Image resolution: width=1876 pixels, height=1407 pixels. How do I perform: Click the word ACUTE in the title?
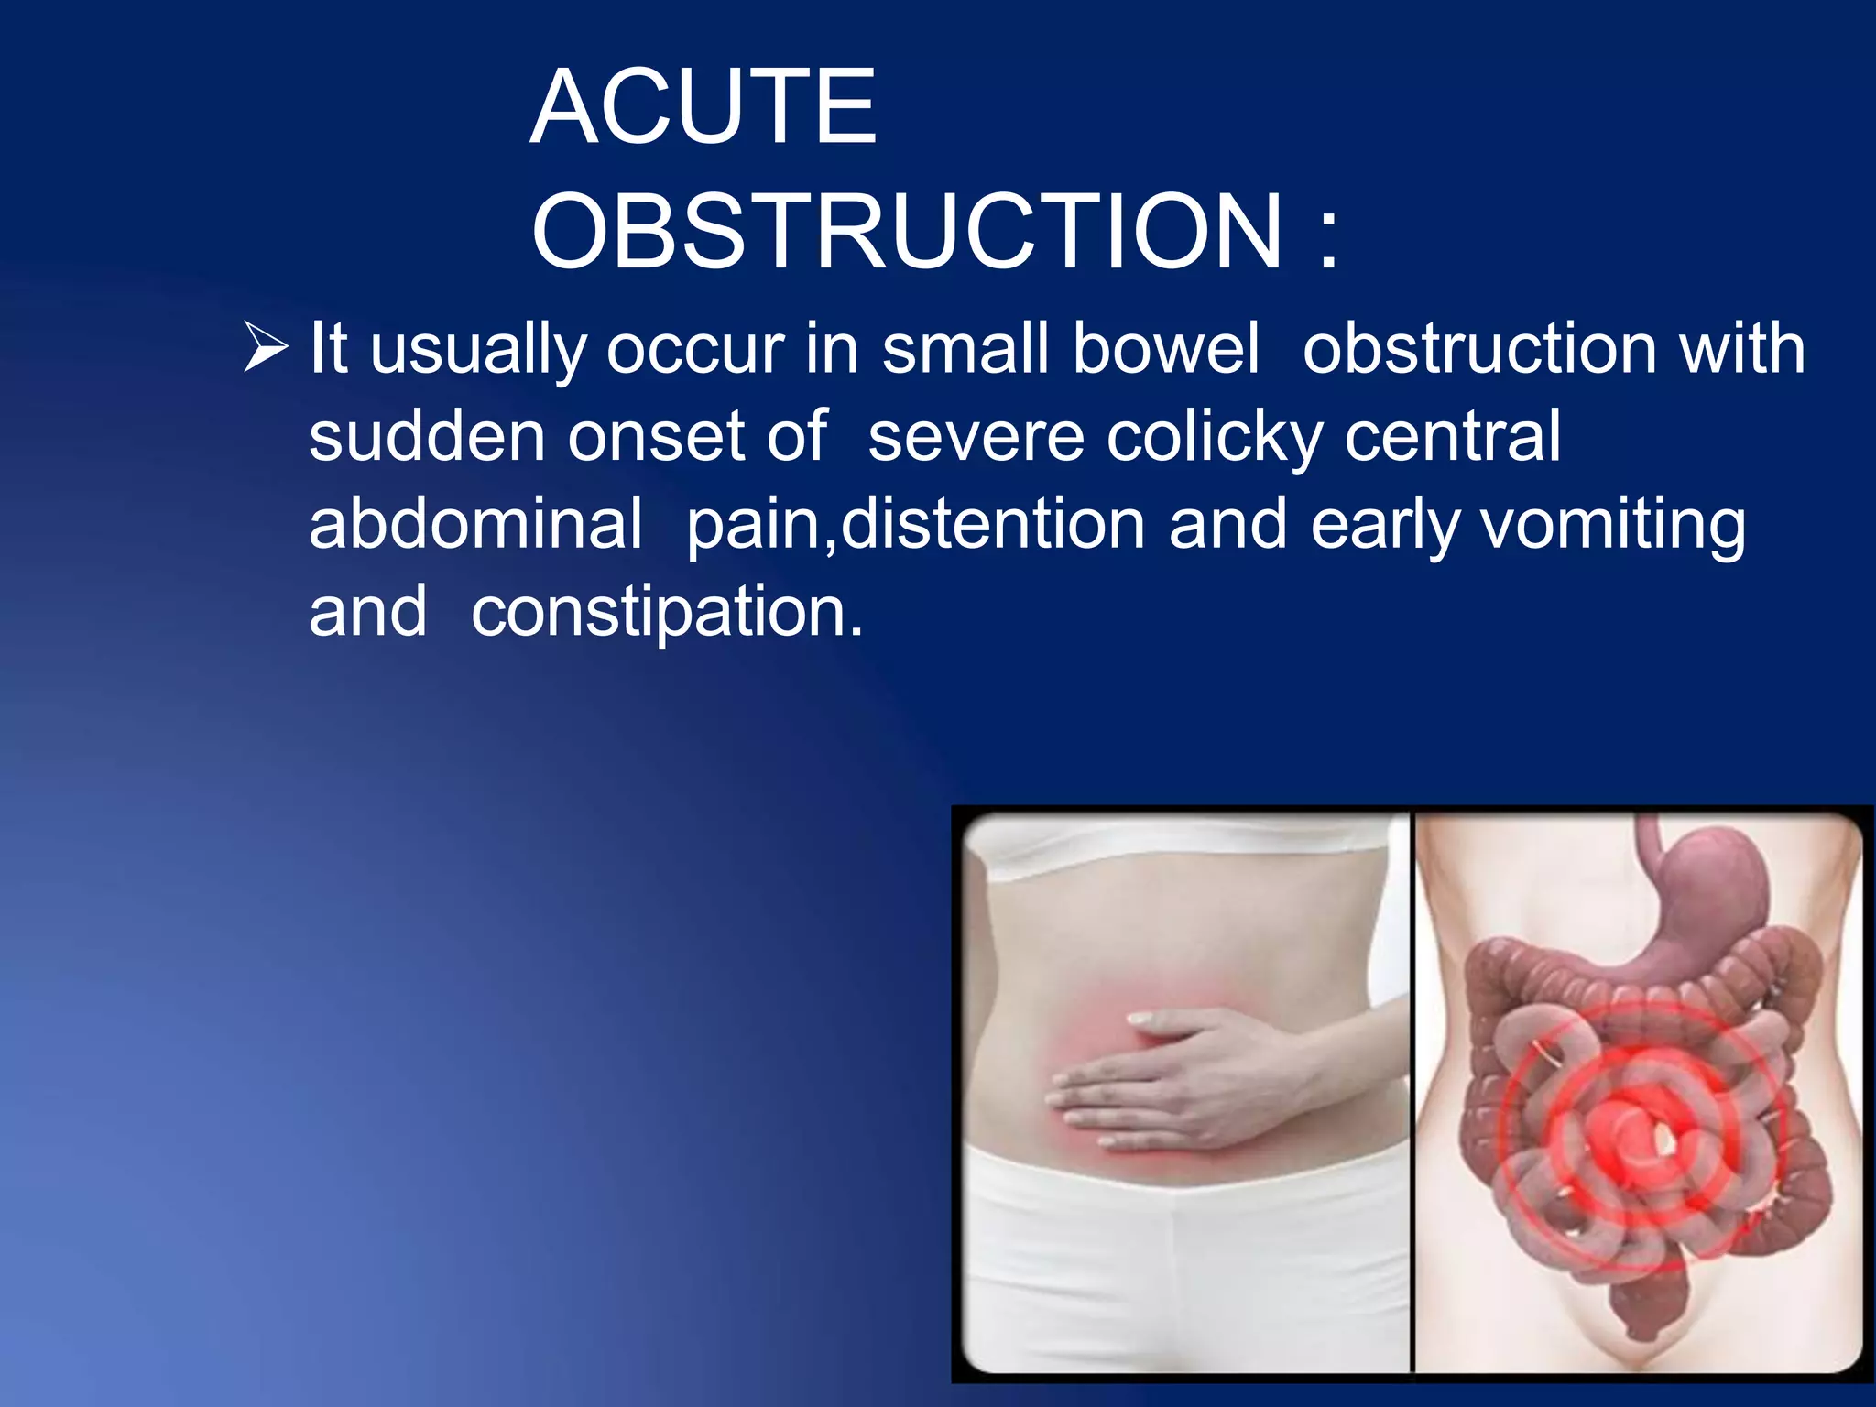pyautogui.click(x=703, y=108)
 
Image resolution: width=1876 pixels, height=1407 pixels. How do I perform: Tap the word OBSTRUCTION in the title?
pyautogui.click(x=907, y=233)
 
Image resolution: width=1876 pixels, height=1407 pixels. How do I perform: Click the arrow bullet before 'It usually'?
pyautogui.click(x=267, y=348)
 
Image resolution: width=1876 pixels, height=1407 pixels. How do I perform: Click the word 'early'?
pyautogui.click(x=1384, y=526)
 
